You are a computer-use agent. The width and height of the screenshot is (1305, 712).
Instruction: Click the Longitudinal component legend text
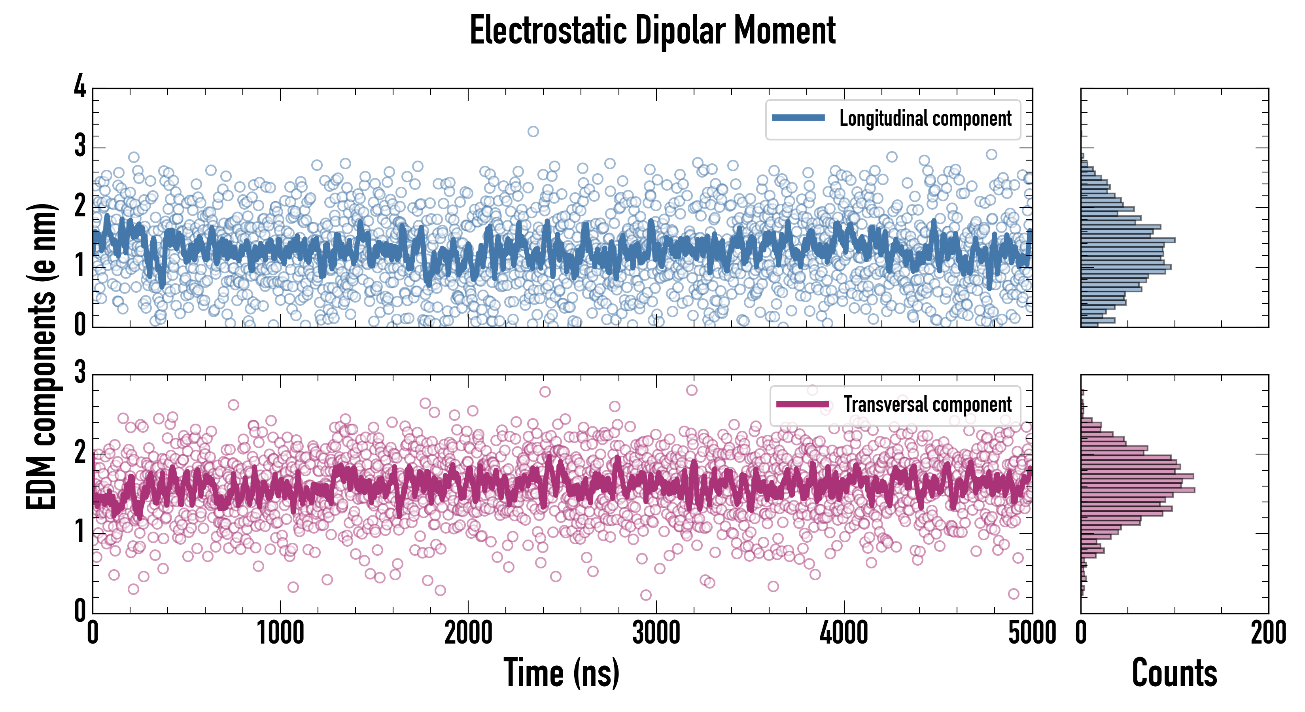coord(925,119)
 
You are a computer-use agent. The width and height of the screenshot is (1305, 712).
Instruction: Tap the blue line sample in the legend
coord(798,118)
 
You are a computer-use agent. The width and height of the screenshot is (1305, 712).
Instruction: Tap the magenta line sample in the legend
coord(802,404)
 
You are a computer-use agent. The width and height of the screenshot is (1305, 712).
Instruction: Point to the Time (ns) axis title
coord(561,673)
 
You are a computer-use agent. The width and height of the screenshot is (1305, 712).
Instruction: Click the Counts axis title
coord(1174,673)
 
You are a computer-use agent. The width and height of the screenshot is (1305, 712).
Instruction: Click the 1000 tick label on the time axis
coord(280,633)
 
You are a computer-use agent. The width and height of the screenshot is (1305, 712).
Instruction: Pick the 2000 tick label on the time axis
coord(468,633)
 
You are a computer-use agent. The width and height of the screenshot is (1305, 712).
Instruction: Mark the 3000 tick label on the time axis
coord(656,633)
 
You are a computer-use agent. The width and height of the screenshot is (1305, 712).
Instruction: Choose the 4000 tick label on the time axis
coord(844,633)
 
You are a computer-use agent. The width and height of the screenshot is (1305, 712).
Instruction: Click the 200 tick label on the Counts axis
coord(1268,633)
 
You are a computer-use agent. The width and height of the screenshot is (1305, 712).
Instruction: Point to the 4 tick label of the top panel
coord(80,87)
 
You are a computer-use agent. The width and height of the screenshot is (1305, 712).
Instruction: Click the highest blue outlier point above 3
coord(533,132)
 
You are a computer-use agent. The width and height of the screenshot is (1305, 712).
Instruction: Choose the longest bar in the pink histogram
coord(1138,490)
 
